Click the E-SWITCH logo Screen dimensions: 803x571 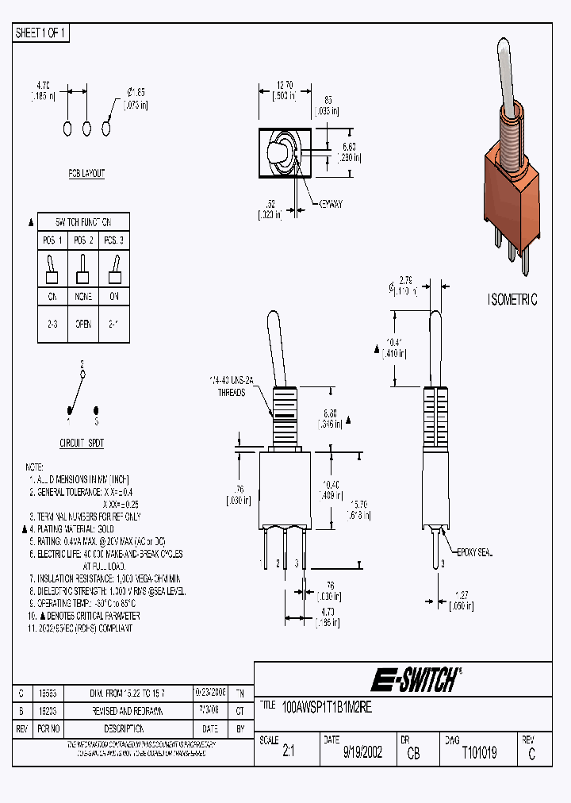pos(416,680)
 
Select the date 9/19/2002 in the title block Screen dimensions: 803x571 pos(362,753)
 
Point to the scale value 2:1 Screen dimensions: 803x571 pos(288,753)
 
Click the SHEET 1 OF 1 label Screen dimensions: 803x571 pos(42,33)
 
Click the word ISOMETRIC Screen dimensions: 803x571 pos(512,300)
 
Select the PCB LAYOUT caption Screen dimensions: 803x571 pos(86,173)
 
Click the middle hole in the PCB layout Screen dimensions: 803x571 pos(87,129)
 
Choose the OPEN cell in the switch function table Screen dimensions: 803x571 pos(83,324)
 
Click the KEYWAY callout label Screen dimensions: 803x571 pos(331,204)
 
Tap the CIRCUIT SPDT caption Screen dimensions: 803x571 pos(82,443)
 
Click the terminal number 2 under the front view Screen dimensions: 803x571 pos(278,563)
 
